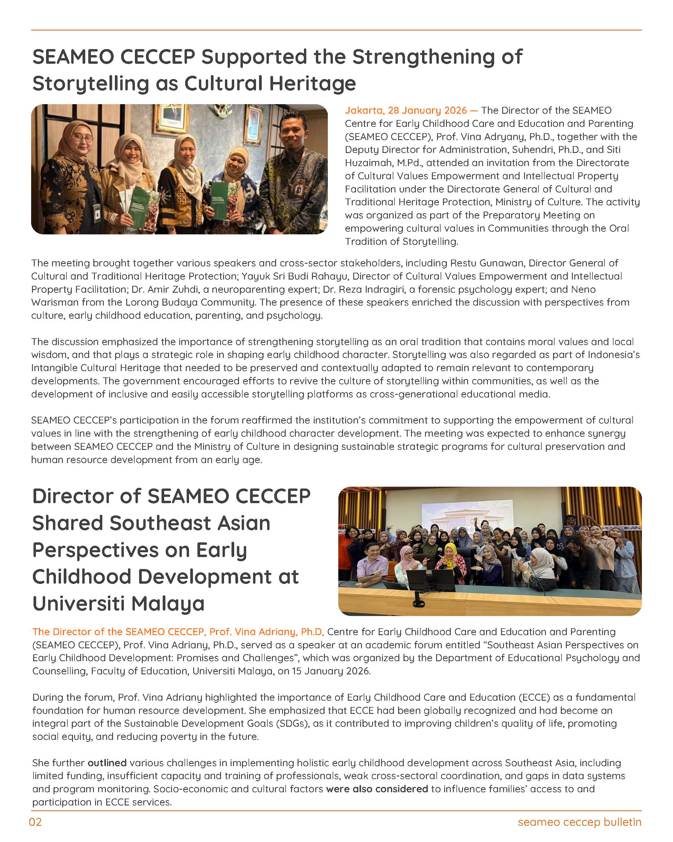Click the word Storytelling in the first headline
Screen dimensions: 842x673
tap(91, 84)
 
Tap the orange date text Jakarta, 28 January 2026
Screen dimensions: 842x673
tap(405, 110)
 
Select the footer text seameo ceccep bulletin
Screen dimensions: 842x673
tap(579, 822)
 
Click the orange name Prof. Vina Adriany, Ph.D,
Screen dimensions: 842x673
tap(267, 632)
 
